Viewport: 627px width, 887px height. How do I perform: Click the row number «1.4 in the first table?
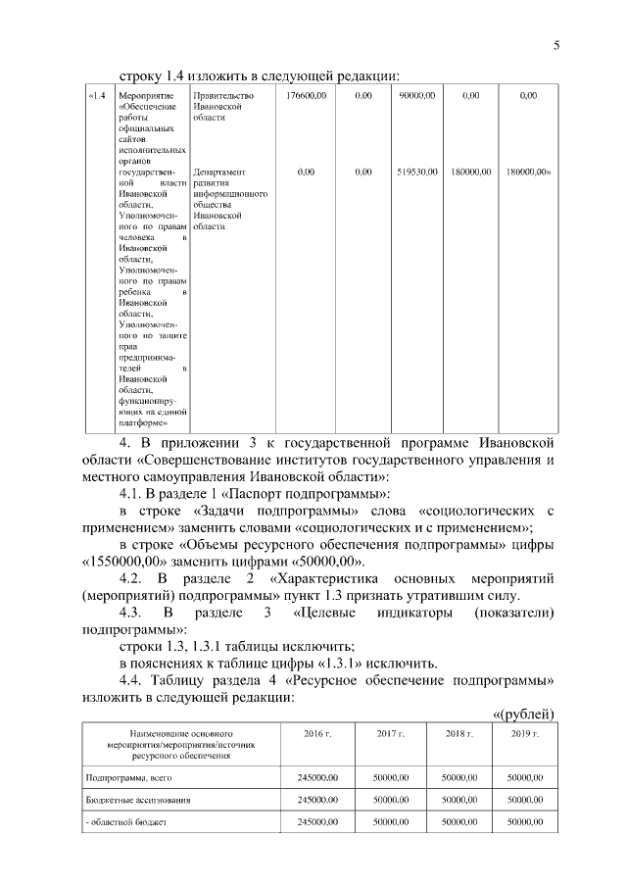click(x=96, y=95)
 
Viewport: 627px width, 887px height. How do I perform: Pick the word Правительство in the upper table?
click(x=223, y=95)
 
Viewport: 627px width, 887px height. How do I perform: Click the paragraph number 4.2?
click(x=135, y=580)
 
